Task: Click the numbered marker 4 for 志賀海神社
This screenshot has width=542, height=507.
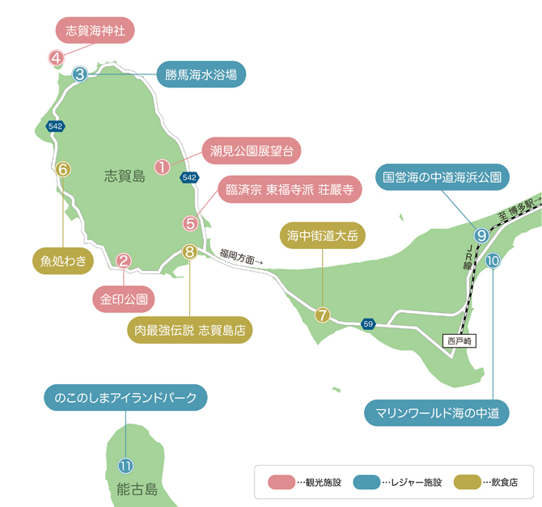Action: point(56,57)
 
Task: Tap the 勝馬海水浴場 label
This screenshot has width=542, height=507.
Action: point(201,75)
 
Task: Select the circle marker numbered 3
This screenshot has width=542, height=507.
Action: point(79,74)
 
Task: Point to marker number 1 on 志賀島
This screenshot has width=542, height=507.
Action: point(162,167)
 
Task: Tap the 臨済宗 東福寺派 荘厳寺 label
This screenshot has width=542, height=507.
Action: point(290,190)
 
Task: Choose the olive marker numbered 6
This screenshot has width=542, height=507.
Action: point(63,170)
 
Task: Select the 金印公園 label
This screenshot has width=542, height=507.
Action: point(124,299)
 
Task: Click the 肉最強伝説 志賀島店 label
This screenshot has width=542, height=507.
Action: point(190,330)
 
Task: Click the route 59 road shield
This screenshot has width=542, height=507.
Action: point(367,323)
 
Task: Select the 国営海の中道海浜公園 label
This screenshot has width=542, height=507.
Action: point(442,175)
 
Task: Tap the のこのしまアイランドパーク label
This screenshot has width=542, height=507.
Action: point(125,398)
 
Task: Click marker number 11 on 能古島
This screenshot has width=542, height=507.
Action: point(125,466)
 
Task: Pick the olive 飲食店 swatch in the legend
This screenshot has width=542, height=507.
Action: point(468,483)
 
